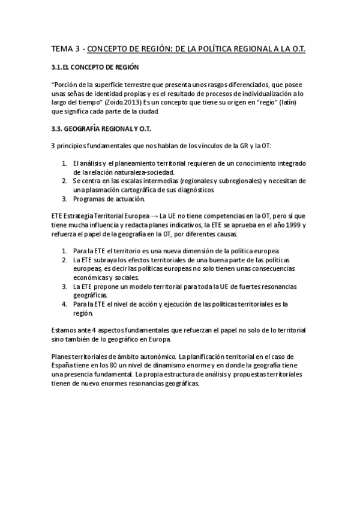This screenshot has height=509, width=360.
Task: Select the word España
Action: pos(65,366)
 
